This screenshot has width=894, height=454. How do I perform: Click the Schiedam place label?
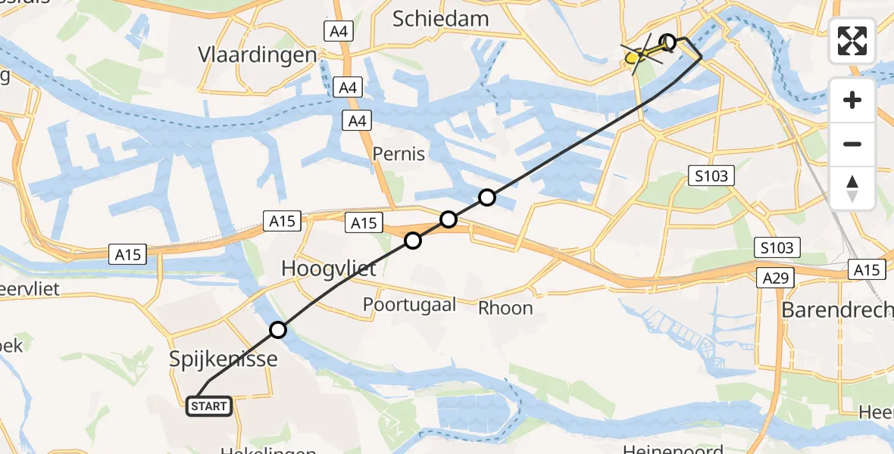point(440,18)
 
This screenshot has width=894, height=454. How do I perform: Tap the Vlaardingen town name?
point(257,55)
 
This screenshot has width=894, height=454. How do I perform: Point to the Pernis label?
point(399,154)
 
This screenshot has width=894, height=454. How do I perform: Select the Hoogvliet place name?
point(329,268)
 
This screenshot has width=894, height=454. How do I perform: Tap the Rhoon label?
point(505,308)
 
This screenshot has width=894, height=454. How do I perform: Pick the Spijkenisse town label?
point(222,359)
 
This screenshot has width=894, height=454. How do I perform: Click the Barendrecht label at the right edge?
point(836,309)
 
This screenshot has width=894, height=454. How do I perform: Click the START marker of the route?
point(209,406)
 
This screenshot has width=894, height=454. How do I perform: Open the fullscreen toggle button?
point(852,41)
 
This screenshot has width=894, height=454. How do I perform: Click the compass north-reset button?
point(852,188)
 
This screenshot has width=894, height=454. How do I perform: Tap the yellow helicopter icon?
point(640,54)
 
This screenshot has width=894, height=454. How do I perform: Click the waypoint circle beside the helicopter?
point(667,42)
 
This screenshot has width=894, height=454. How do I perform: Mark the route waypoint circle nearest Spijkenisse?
point(278,330)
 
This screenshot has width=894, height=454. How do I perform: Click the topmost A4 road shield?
point(339,31)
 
